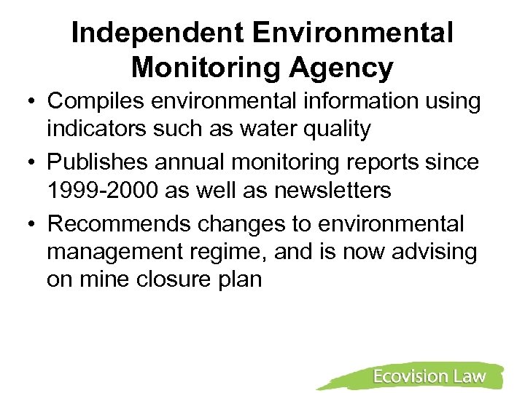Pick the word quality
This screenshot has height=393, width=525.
click(337, 130)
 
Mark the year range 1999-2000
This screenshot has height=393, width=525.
click(102, 191)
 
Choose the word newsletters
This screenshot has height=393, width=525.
click(332, 191)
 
